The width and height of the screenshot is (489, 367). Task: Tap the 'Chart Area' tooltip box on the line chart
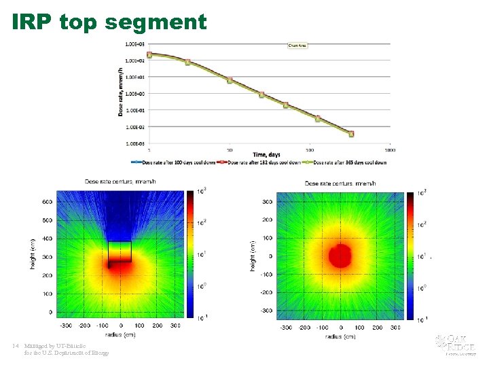click(x=298, y=46)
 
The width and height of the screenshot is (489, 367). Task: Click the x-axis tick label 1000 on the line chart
click(x=390, y=150)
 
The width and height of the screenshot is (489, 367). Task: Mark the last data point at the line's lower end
click(x=351, y=134)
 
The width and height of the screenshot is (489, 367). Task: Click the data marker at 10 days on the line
click(x=230, y=80)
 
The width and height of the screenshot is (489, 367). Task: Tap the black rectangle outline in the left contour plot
click(x=120, y=251)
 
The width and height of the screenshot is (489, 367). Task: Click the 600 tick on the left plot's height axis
click(x=47, y=202)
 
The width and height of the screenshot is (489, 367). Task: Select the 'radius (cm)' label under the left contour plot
click(x=120, y=334)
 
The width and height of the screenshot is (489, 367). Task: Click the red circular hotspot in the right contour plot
click(x=340, y=256)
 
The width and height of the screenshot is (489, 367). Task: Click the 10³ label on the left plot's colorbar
click(x=201, y=190)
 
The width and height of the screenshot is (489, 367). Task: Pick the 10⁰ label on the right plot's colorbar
click(x=422, y=288)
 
